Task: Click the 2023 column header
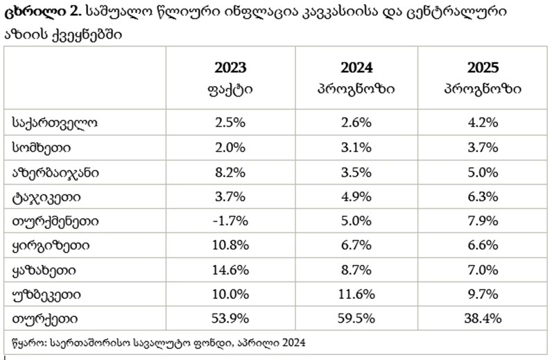tap(230, 68)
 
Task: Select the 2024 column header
tap(356, 68)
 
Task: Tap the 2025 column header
tap(483, 68)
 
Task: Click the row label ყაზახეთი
tap(44, 270)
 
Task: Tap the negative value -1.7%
tap(230, 221)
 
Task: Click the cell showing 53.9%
tap(230, 319)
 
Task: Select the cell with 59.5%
tap(356, 319)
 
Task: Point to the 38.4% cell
tap(483, 319)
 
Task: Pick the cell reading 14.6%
tap(230, 270)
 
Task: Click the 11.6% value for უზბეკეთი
tap(356, 294)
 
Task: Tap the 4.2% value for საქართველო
tap(483, 123)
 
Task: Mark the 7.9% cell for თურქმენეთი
tap(483, 221)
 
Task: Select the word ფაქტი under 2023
tap(230, 89)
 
